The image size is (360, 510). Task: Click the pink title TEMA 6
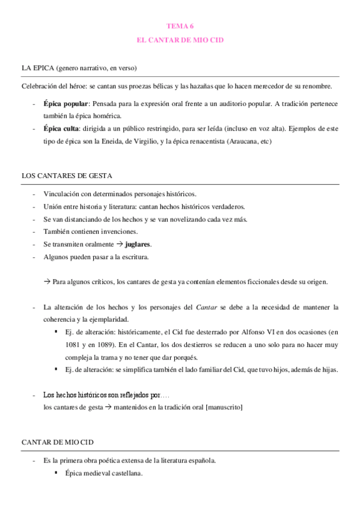pos(180,26)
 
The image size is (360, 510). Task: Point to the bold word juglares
pos(138,245)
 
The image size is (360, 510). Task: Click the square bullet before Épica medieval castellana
pos(56,473)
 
